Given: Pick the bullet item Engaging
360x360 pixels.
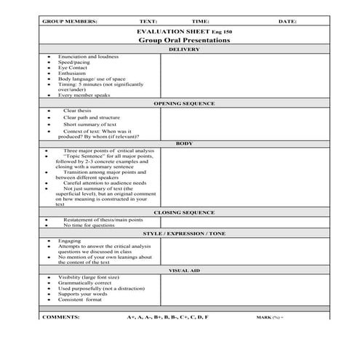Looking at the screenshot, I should [x=70, y=241].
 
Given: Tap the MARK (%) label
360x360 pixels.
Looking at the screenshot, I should [x=270, y=318].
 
